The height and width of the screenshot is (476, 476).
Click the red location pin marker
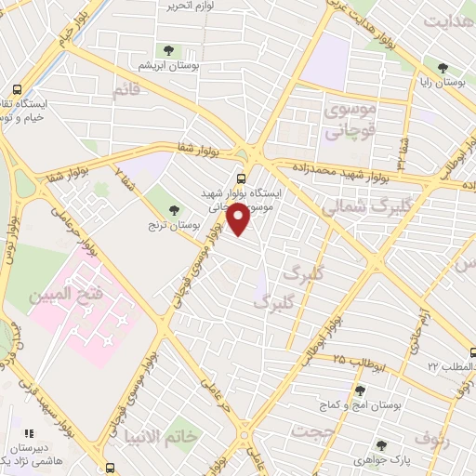[239, 219]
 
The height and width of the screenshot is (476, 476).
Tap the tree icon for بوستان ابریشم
[168, 52]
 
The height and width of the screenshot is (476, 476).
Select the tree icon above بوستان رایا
[443, 67]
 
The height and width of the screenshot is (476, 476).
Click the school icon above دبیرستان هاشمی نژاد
[29, 433]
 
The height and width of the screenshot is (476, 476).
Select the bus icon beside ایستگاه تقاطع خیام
[17, 90]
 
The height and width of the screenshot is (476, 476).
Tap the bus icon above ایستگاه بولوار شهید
[242, 178]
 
